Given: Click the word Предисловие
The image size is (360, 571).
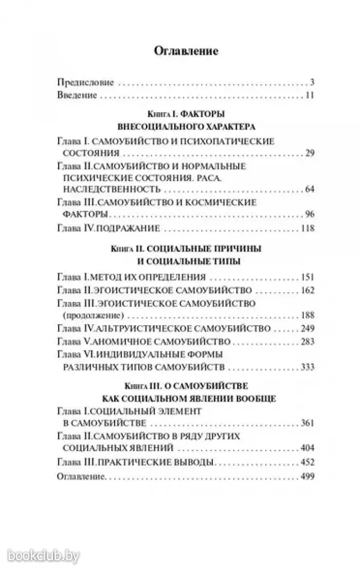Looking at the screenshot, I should (85, 82).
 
